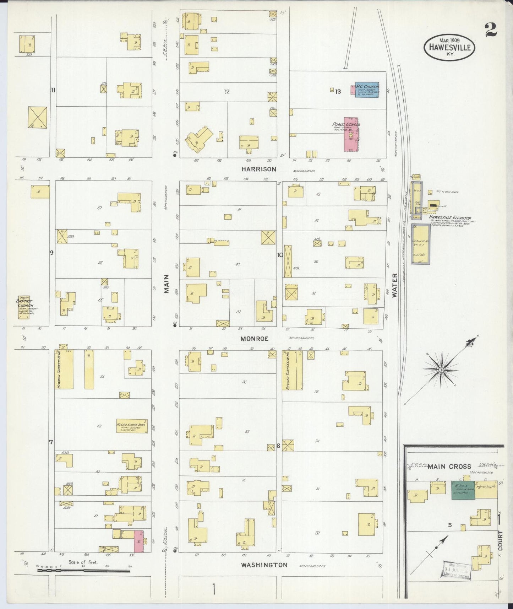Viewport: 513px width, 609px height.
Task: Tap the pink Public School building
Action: tap(351, 135)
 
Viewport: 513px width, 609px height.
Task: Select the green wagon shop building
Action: tap(463, 491)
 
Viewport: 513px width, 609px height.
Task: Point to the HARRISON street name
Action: tap(258, 169)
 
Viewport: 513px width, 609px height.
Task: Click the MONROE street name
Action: tap(254, 339)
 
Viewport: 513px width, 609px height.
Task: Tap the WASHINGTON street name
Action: tap(264, 564)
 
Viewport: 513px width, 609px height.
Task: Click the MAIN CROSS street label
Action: tap(449, 466)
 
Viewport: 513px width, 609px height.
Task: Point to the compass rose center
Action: tap(441, 370)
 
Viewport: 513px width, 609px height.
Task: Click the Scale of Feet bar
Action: tap(83, 571)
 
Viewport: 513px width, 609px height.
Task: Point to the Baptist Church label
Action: tap(24, 303)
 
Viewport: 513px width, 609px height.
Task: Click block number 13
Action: tap(338, 92)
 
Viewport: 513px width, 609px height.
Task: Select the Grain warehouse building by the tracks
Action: tap(421, 244)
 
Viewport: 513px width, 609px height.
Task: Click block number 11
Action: tap(53, 90)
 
